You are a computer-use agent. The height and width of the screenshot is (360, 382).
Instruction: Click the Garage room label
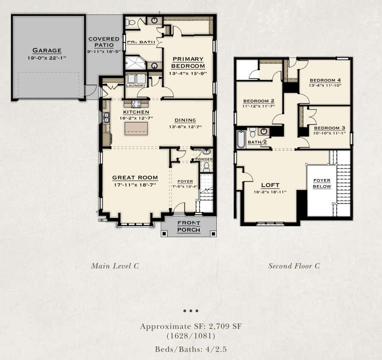pos(47,50)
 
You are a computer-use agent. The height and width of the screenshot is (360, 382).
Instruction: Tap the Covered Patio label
pos(104,42)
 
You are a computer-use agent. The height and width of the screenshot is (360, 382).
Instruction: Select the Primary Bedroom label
pos(188,62)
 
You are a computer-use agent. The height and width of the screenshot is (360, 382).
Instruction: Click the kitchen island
pos(136,128)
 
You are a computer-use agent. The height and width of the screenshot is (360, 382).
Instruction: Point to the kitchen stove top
pos(136,104)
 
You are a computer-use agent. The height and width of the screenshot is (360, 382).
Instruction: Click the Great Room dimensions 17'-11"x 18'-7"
pos(135,185)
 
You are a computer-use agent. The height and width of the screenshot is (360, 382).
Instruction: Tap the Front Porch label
pos(189,226)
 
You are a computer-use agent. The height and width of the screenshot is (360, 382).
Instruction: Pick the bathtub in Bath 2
pos(241,139)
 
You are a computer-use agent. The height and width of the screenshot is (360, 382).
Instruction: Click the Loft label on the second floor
pos(270,185)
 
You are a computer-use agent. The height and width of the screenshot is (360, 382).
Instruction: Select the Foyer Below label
pos(322,183)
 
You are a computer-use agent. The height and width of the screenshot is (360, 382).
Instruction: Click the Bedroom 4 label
pos(325,80)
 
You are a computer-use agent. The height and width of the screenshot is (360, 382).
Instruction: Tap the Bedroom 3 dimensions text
pos(329,133)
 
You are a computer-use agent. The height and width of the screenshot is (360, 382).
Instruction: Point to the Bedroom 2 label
pos(259,101)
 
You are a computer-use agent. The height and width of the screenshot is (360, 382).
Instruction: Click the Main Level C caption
pos(115,265)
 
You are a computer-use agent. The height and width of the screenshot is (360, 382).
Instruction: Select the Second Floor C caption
pos(294,266)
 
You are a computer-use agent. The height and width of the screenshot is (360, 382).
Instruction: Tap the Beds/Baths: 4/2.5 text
pos(191,349)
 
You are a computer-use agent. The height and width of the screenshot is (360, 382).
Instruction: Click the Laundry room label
pos(136,85)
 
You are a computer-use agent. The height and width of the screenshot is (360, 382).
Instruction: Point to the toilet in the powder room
pos(206,166)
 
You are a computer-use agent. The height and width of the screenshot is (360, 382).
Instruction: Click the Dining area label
pos(185,120)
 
